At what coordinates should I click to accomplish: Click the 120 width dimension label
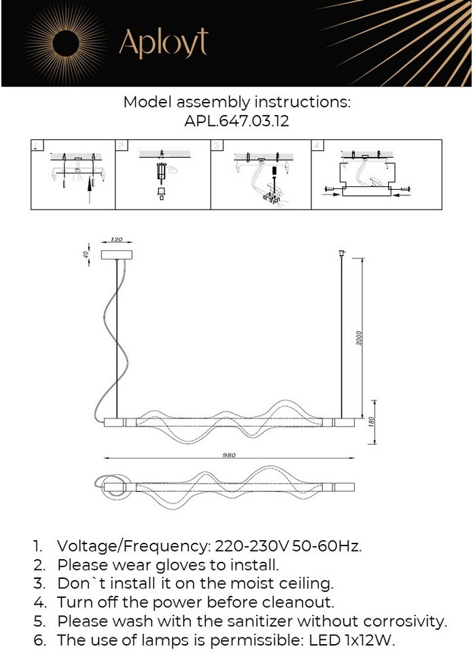pos(116,240)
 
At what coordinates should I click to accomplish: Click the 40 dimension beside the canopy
pos(86,254)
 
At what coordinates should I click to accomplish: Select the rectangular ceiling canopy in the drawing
pos(117,254)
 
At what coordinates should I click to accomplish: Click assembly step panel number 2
pos(163,174)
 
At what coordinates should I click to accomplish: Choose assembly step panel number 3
pos(260,174)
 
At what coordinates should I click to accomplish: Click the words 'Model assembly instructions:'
pos(236,103)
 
